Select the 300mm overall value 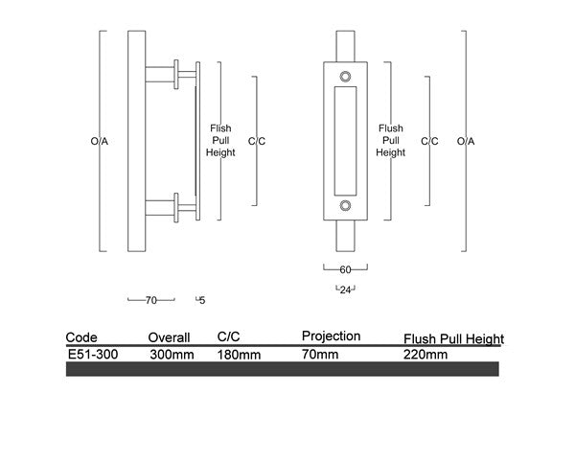coord(172,354)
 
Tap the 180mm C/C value coord(239,354)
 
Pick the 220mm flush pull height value coord(426,354)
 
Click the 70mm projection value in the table coord(320,354)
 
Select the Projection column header coord(331,336)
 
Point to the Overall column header coord(170,337)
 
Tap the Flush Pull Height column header coord(454,338)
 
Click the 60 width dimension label coord(346,269)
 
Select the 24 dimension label coord(345,289)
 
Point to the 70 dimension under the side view coord(150,300)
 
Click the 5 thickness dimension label coord(202,300)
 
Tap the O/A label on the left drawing coord(100,142)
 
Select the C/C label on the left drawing coord(256,142)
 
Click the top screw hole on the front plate coord(346,75)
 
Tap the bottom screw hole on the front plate coord(346,205)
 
